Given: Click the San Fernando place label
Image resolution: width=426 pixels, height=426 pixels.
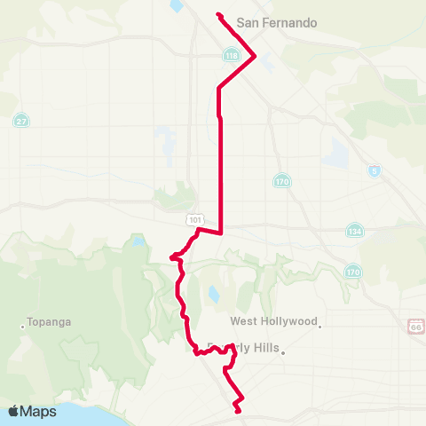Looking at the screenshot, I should (x=277, y=23).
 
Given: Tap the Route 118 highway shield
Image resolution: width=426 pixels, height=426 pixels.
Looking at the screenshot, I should (x=232, y=55).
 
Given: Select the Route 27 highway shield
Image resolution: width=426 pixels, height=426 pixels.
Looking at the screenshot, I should (x=20, y=120).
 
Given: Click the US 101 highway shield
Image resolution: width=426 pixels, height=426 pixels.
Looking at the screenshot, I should (x=194, y=218).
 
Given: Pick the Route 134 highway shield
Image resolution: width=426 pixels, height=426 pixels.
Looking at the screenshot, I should (x=354, y=231).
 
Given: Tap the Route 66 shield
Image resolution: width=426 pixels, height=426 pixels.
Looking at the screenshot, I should (x=415, y=326).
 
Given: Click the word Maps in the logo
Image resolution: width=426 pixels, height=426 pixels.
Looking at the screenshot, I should (x=38, y=411).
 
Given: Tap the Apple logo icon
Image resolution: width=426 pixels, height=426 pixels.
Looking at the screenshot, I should (x=14, y=411).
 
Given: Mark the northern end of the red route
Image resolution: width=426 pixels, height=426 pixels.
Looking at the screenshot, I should (x=218, y=14).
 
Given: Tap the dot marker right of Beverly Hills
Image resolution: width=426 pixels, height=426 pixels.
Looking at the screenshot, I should (x=282, y=352).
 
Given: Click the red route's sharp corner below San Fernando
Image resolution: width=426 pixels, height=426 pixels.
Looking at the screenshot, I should (x=256, y=57).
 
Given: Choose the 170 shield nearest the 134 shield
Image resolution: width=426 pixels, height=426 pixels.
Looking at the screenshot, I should (x=353, y=270).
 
